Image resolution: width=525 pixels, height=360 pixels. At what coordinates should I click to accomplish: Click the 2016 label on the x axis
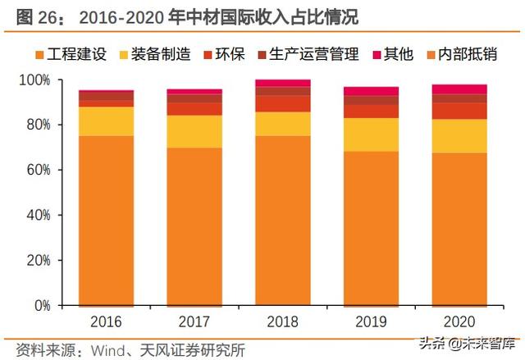pyautogui.click(x=105, y=321)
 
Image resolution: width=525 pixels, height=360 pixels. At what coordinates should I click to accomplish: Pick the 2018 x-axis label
pyautogui.click(x=283, y=321)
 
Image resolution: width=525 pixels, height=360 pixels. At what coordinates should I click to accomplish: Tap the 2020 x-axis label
pyautogui.click(x=460, y=321)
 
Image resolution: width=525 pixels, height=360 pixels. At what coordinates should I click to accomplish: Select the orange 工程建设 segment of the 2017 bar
pyautogui.click(x=194, y=226)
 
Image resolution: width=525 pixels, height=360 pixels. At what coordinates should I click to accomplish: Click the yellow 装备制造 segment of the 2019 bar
pyautogui.click(x=372, y=134)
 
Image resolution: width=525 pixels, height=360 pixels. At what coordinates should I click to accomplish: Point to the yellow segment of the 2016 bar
pyautogui.click(x=105, y=121)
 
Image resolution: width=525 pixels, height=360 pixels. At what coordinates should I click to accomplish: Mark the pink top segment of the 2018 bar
pyautogui.click(x=283, y=83)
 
